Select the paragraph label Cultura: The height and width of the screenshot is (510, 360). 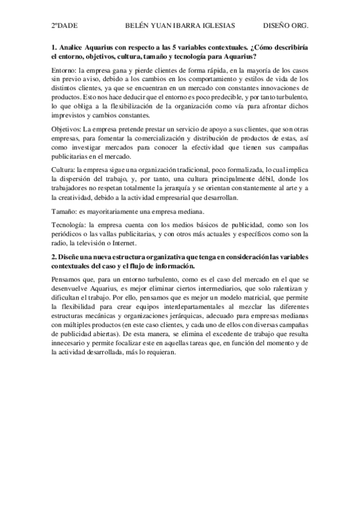[64, 170]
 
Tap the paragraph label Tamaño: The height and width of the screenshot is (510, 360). [65, 211]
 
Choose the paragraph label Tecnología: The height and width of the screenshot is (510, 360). [69, 225]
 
